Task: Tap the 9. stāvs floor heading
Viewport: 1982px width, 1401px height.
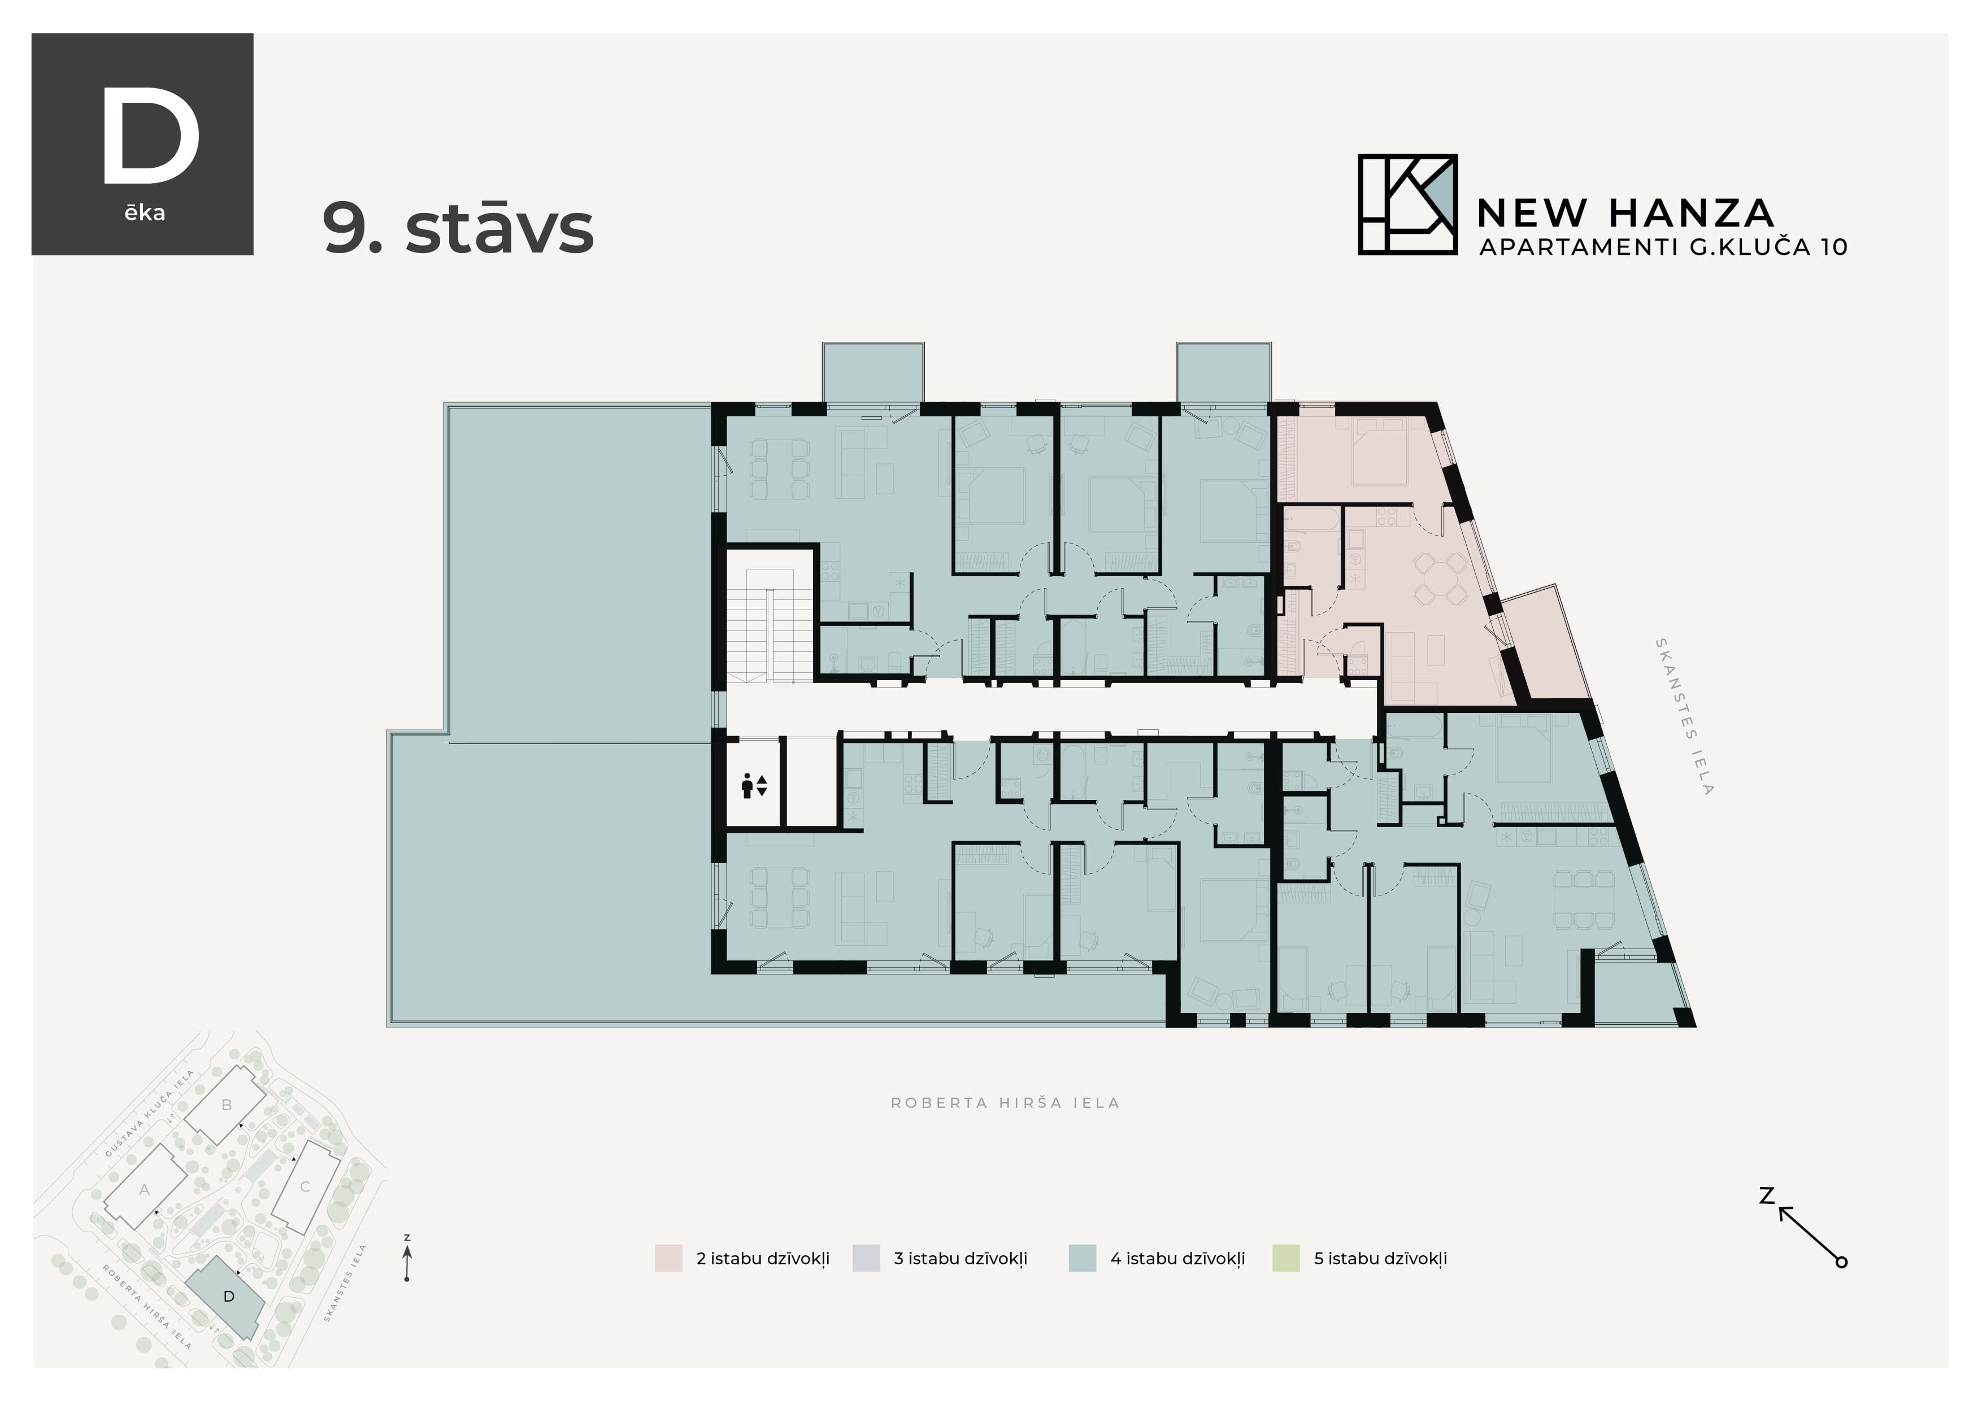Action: tap(458, 229)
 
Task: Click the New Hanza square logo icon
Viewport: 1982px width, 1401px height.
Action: tap(1407, 205)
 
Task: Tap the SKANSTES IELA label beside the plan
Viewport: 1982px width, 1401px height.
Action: tap(1683, 716)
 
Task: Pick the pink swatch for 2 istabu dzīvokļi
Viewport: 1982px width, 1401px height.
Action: tap(668, 1259)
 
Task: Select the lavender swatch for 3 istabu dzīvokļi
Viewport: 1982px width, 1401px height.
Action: tap(866, 1259)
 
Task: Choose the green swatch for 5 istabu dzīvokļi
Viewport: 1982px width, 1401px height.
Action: tap(1285, 1259)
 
